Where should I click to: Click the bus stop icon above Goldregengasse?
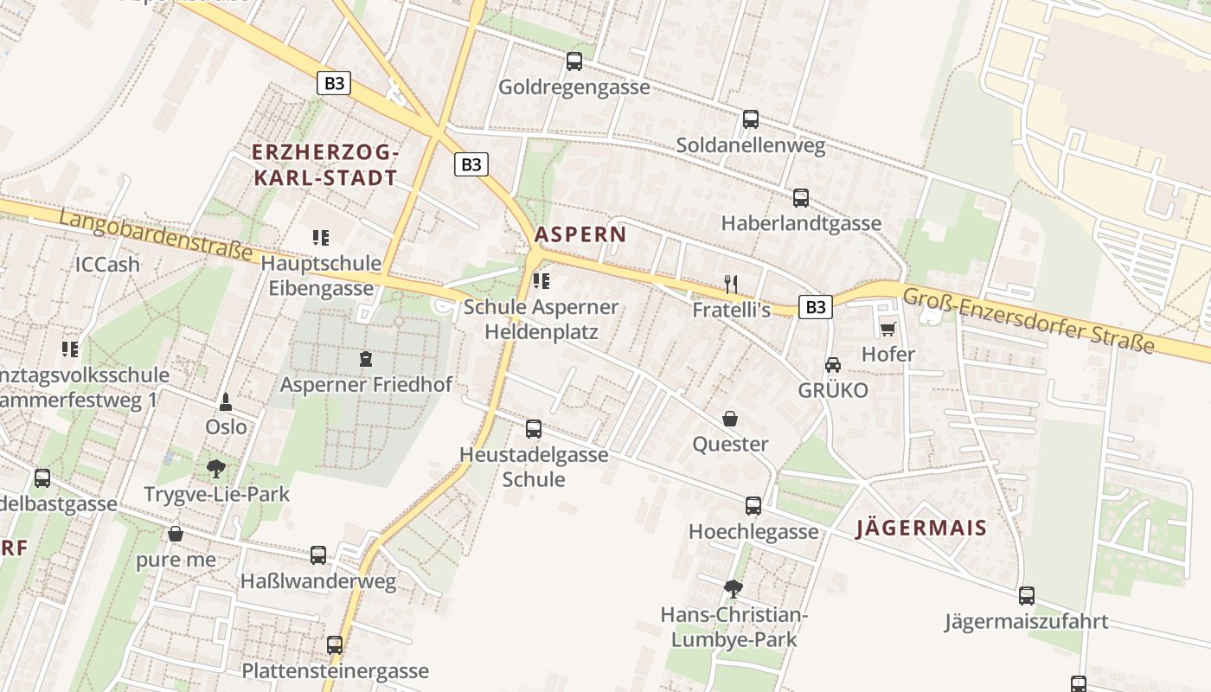(x=573, y=61)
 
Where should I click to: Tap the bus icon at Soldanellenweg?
(x=750, y=119)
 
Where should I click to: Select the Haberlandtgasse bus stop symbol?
(x=800, y=197)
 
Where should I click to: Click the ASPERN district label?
(x=580, y=234)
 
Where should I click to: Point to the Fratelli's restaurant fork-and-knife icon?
(x=731, y=283)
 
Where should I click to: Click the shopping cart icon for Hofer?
(x=887, y=329)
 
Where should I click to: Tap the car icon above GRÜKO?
(x=832, y=365)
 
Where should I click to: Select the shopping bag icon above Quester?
(x=730, y=419)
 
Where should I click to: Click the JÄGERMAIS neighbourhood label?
(x=921, y=529)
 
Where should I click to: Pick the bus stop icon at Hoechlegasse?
(x=753, y=506)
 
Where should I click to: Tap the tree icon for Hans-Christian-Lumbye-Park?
(x=733, y=589)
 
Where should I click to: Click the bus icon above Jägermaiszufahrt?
(x=1026, y=596)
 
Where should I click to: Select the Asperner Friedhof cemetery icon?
(x=365, y=358)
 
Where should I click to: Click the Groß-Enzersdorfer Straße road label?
(x=1028, y=321)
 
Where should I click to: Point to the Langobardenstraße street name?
(x=156, y=235)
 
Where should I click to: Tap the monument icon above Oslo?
(x=226, y=401)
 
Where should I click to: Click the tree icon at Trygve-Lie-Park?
(x=216, y=469)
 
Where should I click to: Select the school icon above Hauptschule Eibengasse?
(x=321, y=237)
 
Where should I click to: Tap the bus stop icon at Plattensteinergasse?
(x=334, y=644)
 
